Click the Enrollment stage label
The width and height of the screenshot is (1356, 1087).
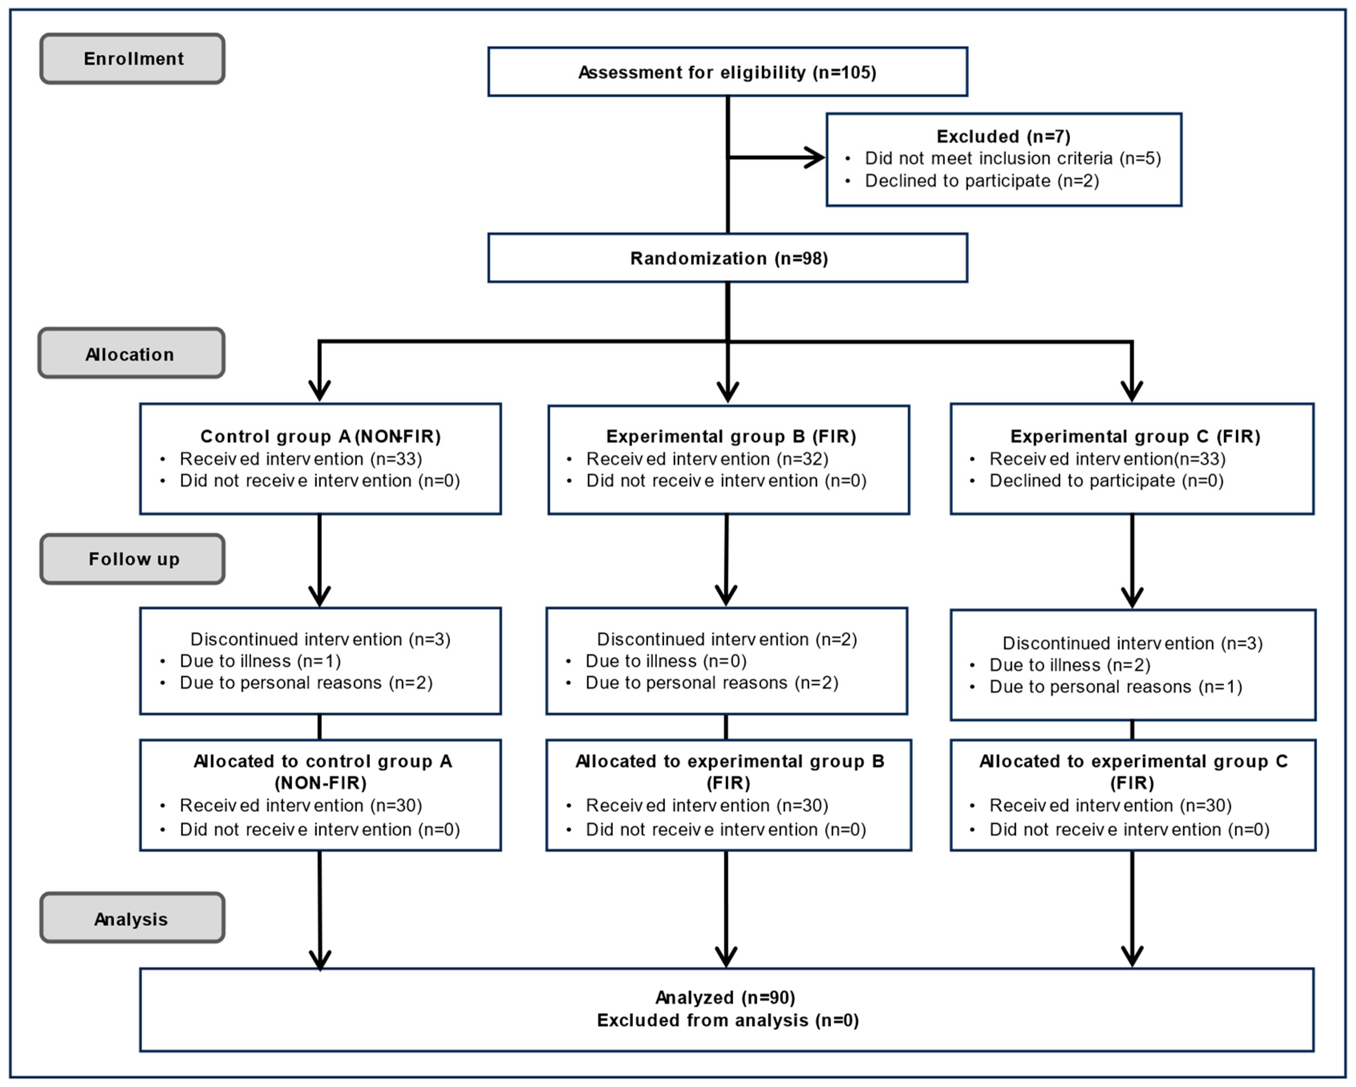click(x=133, y=59)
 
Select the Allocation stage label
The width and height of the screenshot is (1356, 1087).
click(x=130, y=354)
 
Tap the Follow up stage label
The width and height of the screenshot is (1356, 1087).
click(x=134, y=559)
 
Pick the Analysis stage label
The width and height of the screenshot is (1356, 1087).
click(x=132, y=919)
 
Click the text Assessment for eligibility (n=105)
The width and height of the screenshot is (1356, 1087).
click(x=727, y=72)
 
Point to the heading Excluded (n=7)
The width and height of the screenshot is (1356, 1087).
click(x=1003, y=136)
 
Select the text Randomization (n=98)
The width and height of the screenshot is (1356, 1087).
click(x=728, y=259)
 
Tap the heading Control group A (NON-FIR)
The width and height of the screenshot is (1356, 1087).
click(x=320, y=436)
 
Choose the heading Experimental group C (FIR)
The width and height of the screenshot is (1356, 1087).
click(x=1135, y=436)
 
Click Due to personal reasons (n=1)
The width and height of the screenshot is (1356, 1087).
click(x=1115, y=687)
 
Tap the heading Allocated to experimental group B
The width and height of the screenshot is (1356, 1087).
click(x=729, y=762)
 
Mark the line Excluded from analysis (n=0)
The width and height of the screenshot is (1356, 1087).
click(x=727, y=1020)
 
